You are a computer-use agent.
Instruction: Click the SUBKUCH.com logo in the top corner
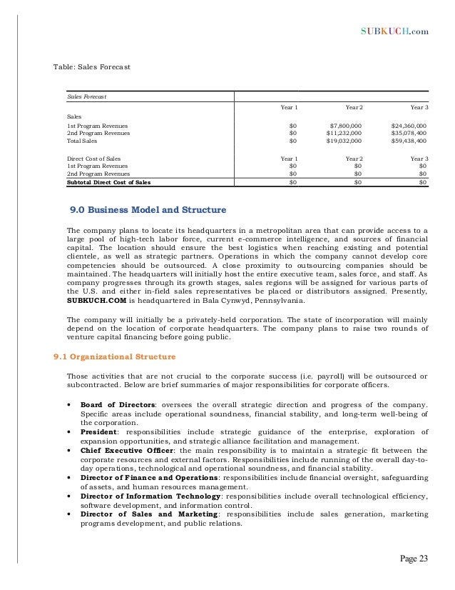[395, 31]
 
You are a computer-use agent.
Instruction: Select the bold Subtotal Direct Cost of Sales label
[108, 182]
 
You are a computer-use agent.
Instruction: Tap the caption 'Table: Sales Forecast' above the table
[92, 67]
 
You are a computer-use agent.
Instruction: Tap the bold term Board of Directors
[118, 404]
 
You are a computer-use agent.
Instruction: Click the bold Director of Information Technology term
[151, 496]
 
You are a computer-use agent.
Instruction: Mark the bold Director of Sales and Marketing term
[148, 514]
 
